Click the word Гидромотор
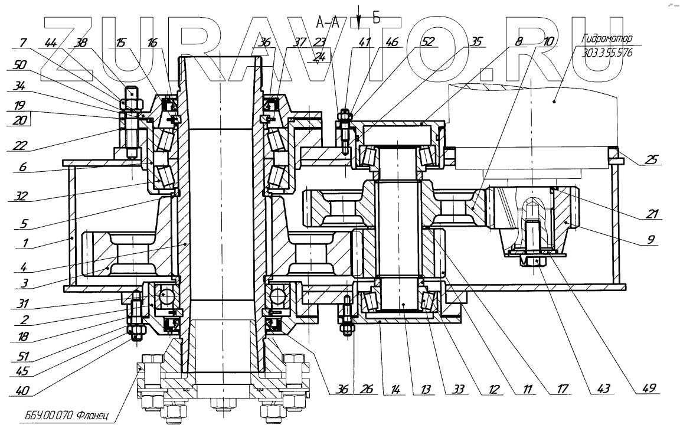(606, 40)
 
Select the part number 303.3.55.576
(606, 51)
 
